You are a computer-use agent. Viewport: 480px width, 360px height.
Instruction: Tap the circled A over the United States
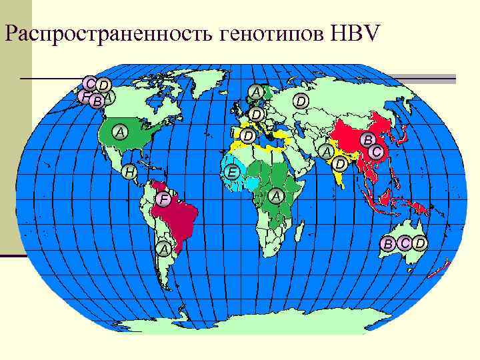click(120, 132)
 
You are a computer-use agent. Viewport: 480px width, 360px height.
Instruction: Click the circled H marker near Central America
click(131, 173)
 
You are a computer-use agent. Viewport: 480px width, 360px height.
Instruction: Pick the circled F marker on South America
click(164, 200)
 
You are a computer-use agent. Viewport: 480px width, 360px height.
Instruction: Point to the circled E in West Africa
click(231, 173)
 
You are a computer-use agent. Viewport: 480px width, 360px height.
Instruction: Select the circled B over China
click(366, 140)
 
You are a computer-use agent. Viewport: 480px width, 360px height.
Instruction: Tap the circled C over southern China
click(377, 153)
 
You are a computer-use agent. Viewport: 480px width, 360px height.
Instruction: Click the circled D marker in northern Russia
click(301, 101)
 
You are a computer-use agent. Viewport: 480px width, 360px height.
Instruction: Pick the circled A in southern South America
click(164, 249)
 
